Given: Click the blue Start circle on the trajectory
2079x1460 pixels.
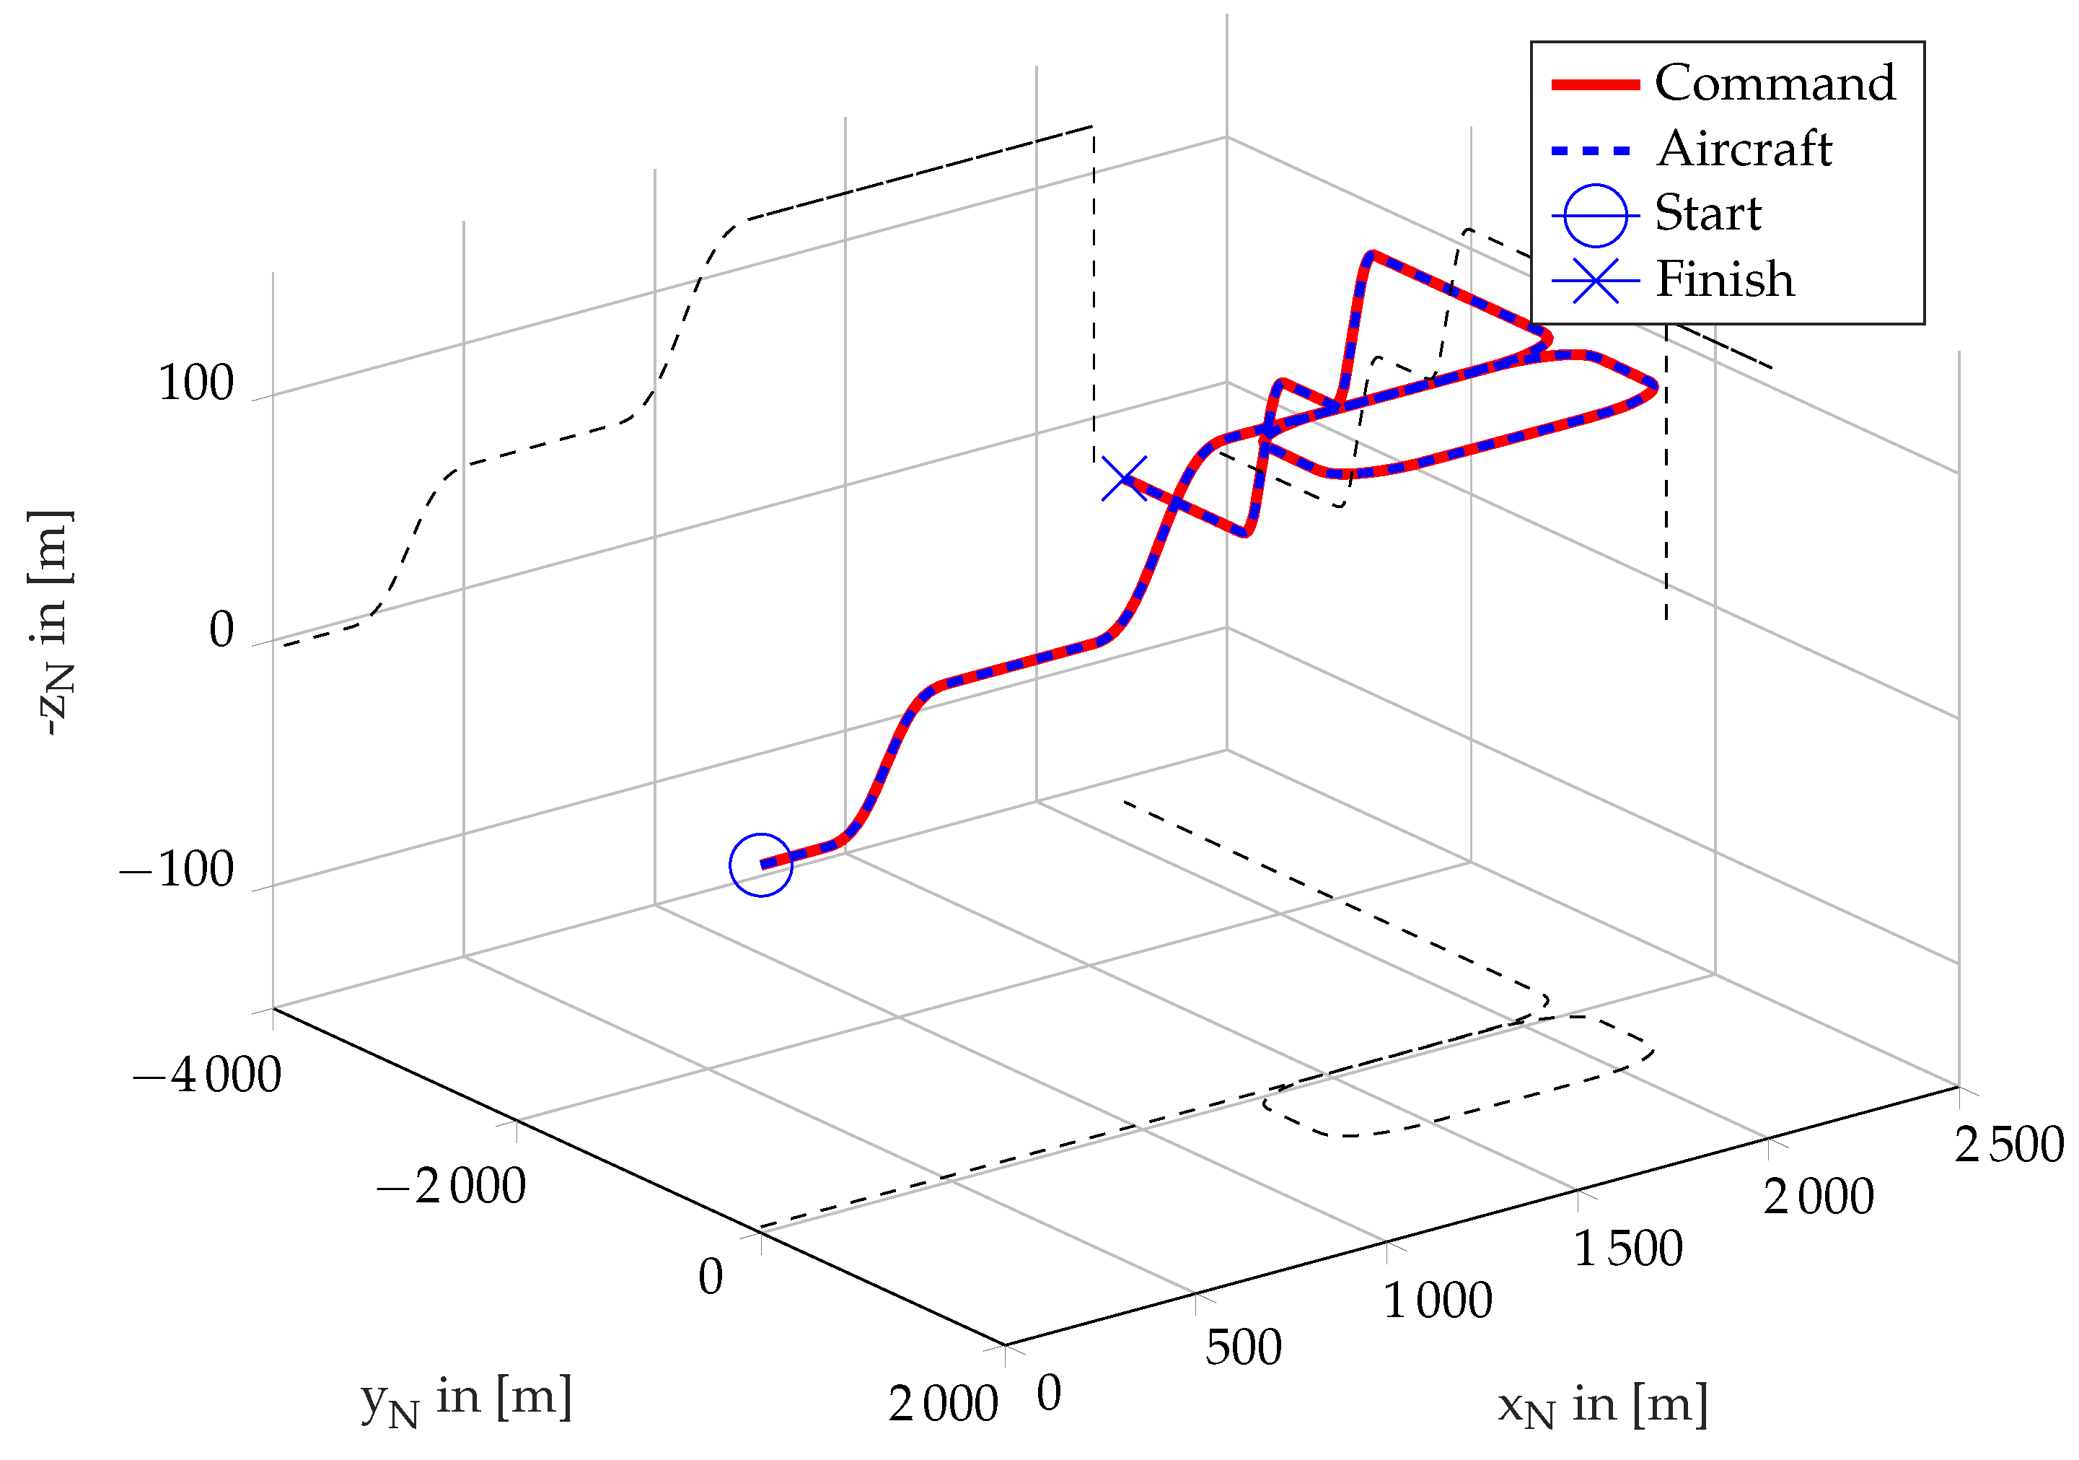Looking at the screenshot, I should (760, 865).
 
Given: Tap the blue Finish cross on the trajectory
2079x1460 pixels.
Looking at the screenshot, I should (1125, 479).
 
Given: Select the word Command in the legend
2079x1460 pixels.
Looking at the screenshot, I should (1775, 83).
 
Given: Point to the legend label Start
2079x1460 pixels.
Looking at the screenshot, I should (1707, 214).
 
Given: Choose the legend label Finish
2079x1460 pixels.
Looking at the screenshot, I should (1725, 279).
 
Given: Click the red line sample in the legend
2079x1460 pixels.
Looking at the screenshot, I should (1596, 84).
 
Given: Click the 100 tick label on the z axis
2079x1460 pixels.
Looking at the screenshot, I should (196, 383).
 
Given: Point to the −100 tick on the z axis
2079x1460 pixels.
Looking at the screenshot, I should (177, 870).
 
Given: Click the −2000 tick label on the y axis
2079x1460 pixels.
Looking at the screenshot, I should (451, 1186).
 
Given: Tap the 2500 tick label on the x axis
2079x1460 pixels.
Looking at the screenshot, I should (2008, 1145).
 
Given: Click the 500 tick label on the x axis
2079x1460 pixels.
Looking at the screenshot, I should (1243, 1347).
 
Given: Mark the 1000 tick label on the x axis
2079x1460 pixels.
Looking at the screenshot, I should (1437, 1301).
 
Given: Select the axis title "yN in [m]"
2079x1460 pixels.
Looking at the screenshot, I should (466, 1399).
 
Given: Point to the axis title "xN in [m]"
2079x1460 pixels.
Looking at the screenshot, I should (1603, 1407).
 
